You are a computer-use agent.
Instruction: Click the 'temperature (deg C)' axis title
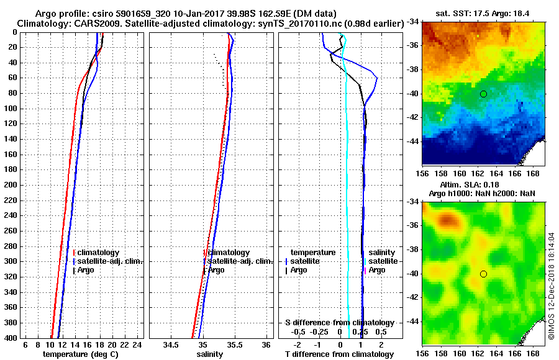pyautogui.click(x=80, y=354)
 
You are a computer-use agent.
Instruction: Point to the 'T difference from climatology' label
pyautogui.click(x=339, y=354)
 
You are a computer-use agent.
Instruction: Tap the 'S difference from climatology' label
pyautogui.click(x=339, y=323)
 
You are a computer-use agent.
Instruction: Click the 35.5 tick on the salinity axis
pyautogui.click(x=235, y=344)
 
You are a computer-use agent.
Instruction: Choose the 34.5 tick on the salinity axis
pyautogui.click(x=171, y=344)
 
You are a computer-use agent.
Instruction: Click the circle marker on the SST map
pyautogui.click(x=483, y=94)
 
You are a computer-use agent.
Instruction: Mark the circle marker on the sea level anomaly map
pyautogui.click(x=483, y=274)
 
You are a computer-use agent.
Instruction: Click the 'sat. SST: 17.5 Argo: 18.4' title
pyautogui.click(x=484, y=12)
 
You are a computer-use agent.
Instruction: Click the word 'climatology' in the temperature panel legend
pyautogui.click(x=99, y=253)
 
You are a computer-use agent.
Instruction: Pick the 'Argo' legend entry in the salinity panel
pyautogui.click(x=216, y=270)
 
